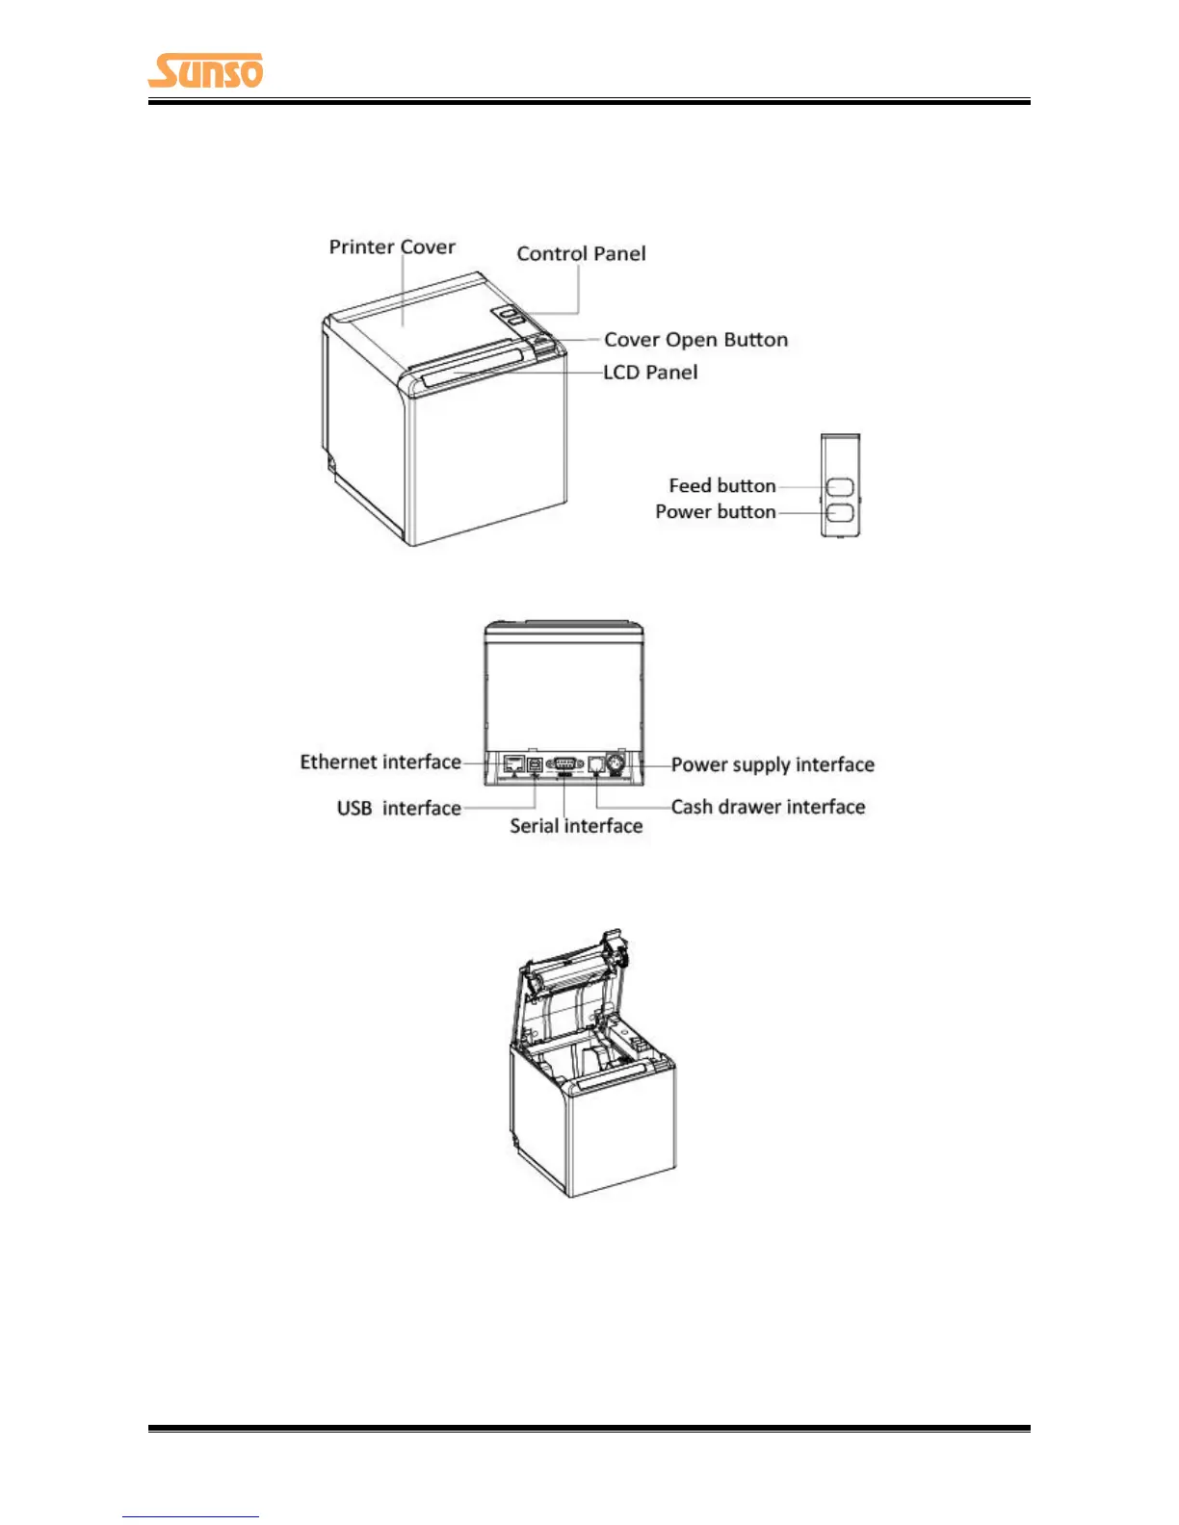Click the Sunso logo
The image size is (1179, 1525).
tap(205, 71)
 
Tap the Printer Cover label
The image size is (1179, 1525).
tap(392, 247)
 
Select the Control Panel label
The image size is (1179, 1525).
tap(581, 254)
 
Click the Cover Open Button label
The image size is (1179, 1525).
tap(695, 340)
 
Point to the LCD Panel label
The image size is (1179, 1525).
tap(650, 373)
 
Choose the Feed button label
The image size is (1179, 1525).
tap(721, 486)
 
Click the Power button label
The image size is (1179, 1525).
tap(715, 512)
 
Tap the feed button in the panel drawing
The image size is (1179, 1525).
tap(840, 486)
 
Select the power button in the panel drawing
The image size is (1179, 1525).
tap(840, 513)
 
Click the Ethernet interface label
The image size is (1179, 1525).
tap(380, 762)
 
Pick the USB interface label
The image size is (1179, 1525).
tap(399, 809)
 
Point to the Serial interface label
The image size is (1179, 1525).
tap(576, 826)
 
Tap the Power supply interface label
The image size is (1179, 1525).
tap(773, 765)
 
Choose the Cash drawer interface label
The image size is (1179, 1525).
tap(768, 808)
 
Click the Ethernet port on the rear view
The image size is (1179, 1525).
tap(513, 764)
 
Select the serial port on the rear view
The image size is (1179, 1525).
tap(564, 764)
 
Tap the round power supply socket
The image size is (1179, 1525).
tap(616, 764)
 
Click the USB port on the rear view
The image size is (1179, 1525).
tap(536, 764)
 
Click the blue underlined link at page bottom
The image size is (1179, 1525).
tap(190, 1516)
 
